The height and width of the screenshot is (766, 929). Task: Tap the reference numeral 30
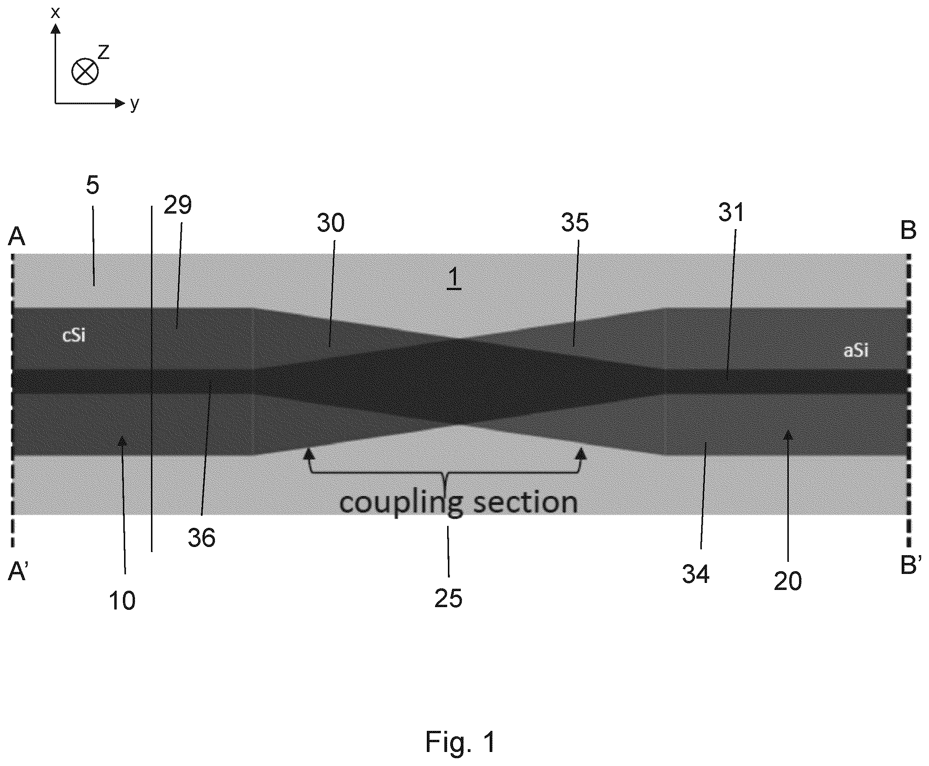point(331,223)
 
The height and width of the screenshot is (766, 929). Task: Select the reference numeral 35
point(575,223)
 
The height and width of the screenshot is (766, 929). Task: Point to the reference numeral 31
point(732,212)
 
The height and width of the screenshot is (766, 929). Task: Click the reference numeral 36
point(201,538)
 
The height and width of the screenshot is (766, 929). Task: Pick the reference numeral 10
point(122,600)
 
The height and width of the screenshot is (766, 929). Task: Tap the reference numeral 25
point(448,599)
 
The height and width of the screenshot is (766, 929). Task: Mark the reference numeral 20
point(788,581)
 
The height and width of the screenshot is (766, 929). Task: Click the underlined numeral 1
point(454,279)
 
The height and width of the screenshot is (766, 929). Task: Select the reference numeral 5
point(92,185)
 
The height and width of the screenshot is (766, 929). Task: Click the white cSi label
point(74,335)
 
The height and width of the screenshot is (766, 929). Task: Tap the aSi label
point(856,350)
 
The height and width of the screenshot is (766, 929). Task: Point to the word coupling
point(401,502)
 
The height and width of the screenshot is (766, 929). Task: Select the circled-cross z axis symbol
point(85,71)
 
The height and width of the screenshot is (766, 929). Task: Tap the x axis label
point(55,12)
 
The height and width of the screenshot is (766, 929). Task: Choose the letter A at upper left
point(17,236)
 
